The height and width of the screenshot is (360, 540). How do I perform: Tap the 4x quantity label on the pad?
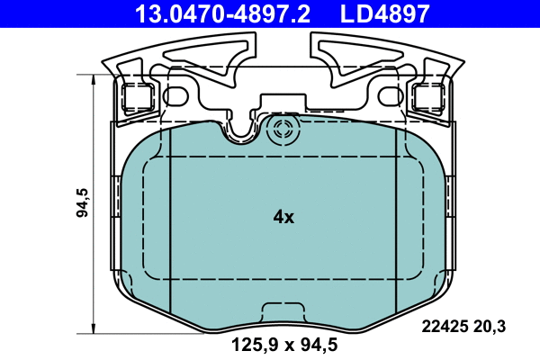tap(283, 217)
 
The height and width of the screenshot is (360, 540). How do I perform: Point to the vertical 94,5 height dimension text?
tap(82, 204)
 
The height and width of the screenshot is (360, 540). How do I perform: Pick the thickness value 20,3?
tap(493, 326)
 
